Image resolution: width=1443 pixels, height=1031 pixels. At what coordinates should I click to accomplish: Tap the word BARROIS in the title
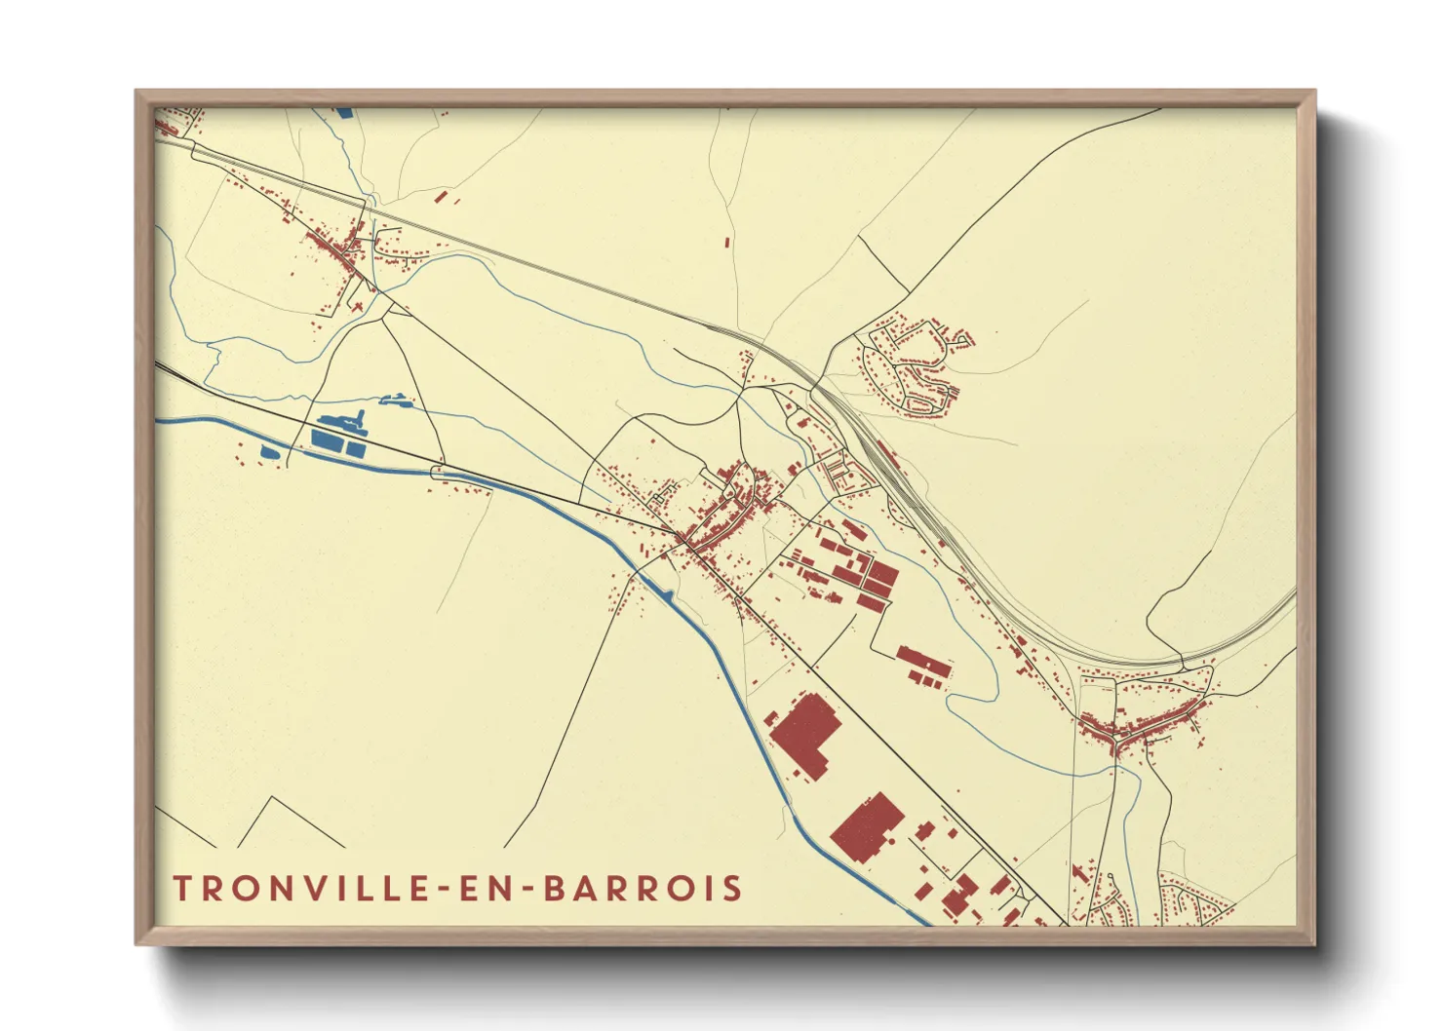click(x=643, y=889)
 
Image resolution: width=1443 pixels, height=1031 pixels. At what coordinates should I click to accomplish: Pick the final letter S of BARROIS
click(x=732, y=889)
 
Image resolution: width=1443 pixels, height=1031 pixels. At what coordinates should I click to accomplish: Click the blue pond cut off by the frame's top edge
click(x=344, y=112)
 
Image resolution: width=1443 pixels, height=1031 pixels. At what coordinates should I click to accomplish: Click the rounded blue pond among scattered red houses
click(x=269, y=451)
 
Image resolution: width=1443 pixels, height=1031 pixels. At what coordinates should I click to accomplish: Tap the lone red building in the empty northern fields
click(x=727, y=241)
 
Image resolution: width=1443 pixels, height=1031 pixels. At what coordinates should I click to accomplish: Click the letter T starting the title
click(x=182, y=889)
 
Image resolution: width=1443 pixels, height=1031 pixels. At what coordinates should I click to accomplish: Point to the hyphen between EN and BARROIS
click(x=527, y=890)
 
